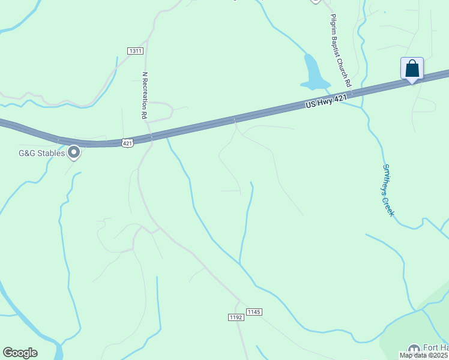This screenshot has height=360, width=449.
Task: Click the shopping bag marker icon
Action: tap(412, 68)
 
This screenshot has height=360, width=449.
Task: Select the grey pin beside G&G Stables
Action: tap(74, 153)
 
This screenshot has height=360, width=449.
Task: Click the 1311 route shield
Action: tap(135, 51)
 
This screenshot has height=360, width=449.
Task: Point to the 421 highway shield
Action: tap(127, 142)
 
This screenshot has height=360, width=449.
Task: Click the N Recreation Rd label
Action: tap(144, 96)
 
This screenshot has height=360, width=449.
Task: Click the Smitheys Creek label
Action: tap(388, 190)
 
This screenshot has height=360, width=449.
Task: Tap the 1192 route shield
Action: tap(237, 317)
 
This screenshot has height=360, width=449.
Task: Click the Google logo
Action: tap(20, 353)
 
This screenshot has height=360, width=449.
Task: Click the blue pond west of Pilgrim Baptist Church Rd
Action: tap(313, 74)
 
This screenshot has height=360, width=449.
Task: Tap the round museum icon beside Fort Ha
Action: tap(414, 349)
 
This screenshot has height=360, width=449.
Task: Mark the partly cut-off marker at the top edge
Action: tap(316, 1)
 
